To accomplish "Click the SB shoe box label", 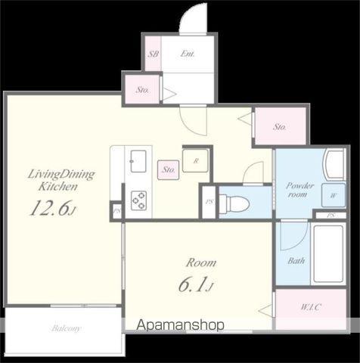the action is click(x=153, y=54).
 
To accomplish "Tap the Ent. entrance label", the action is click(x=188, y=54).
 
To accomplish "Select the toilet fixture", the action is click(x=234, y=202).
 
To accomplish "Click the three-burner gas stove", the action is click(x=138, y=200).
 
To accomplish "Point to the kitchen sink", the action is click(x=138, y=161).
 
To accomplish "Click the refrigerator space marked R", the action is click(x=195, y=161).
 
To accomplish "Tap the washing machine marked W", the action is click(x=334, y=196).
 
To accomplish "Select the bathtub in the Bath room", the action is click(x=328, y=253).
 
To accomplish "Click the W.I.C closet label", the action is click(x=311, y=307).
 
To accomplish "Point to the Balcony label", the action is click(x=66, y=328).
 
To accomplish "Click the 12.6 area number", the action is click(x=51, y=208).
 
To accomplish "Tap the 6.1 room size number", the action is click(x=196, y=284).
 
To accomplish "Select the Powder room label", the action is click(x=299, y=190).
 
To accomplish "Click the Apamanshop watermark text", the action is click(x=180, y=325).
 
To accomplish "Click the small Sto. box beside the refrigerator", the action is click(x=168, y=170).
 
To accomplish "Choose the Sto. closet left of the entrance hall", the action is click(x=142, y=90).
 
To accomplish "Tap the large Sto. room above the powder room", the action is click(x=281, y=126).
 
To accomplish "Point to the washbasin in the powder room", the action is click(x=335, y=165).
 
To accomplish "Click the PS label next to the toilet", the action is click(x=209, y=202).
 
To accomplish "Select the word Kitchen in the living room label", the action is click(x=57, y=187).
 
